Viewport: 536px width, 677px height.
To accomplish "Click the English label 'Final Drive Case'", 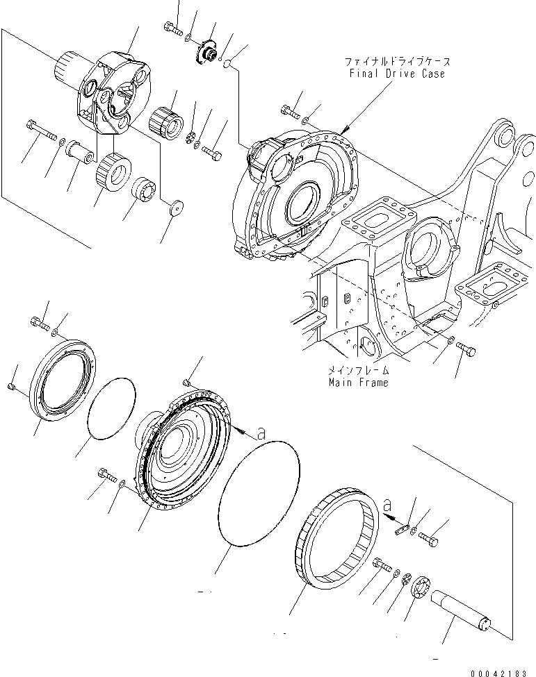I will (398, 74).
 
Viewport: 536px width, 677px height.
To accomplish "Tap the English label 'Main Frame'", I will (359, 382).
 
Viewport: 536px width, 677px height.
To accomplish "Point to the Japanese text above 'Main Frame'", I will (359, 371).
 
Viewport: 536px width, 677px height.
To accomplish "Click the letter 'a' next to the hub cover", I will (261, 433).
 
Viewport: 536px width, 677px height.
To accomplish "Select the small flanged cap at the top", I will (206, 51).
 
